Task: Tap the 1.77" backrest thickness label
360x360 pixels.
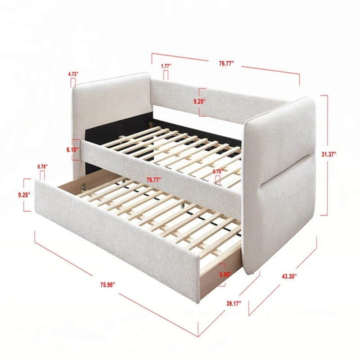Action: click(166, 66)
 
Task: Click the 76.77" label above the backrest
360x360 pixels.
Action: click(227, 64)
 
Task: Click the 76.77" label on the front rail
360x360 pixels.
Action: click(154, 179)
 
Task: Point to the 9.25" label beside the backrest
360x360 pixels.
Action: click(199, 102)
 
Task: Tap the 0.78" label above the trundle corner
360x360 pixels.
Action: click(42, 166)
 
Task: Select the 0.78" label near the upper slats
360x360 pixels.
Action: click(217, 171)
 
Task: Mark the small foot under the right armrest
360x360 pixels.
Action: click(256, 272)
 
